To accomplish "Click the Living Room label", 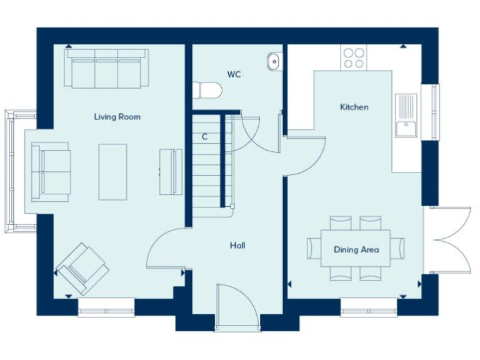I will pos(117,117).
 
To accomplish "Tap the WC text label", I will pos(234,74).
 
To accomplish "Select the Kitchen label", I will pos(354,107).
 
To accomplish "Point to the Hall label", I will pos(237,246).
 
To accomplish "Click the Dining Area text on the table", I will pos(356,249).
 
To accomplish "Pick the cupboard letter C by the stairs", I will pos(204,136).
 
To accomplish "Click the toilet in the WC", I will pos(207,91).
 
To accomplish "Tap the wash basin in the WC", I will pos(273,61).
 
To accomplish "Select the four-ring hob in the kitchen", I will pos(354,57).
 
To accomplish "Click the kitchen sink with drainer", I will pos(406,115).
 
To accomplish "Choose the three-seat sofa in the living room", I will pos(106,68).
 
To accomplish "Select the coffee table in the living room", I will pos(112,172).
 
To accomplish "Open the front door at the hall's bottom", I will pos(237,306).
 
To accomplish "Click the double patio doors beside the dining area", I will pos(447,240).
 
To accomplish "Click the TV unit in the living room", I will pos(171,171).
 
